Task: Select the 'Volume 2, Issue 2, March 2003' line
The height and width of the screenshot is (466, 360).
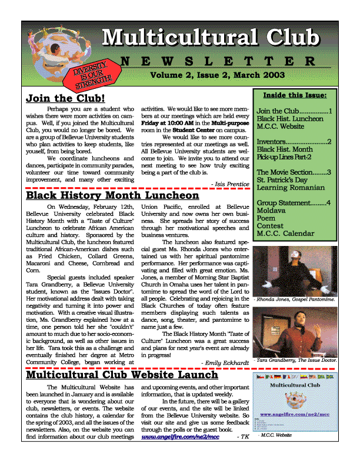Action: pyautogui.click(x=217, y=75)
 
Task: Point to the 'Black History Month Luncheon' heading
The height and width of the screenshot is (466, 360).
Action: pyautogui.click(x=113, y=195)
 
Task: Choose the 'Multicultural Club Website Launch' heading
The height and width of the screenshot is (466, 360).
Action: pyautogui.click(x=122, y=374)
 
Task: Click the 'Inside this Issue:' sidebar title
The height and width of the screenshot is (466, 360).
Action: pyautogui.click(x=294, y=95)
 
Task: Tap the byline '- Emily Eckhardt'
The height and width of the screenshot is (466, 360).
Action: pyautogui.click(x=225, y=363)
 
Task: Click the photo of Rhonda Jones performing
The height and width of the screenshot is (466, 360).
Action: pyautogui.click(x=294, y=270)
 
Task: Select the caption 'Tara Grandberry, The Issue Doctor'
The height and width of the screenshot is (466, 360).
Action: pyautogui.click(x=295, y=359)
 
